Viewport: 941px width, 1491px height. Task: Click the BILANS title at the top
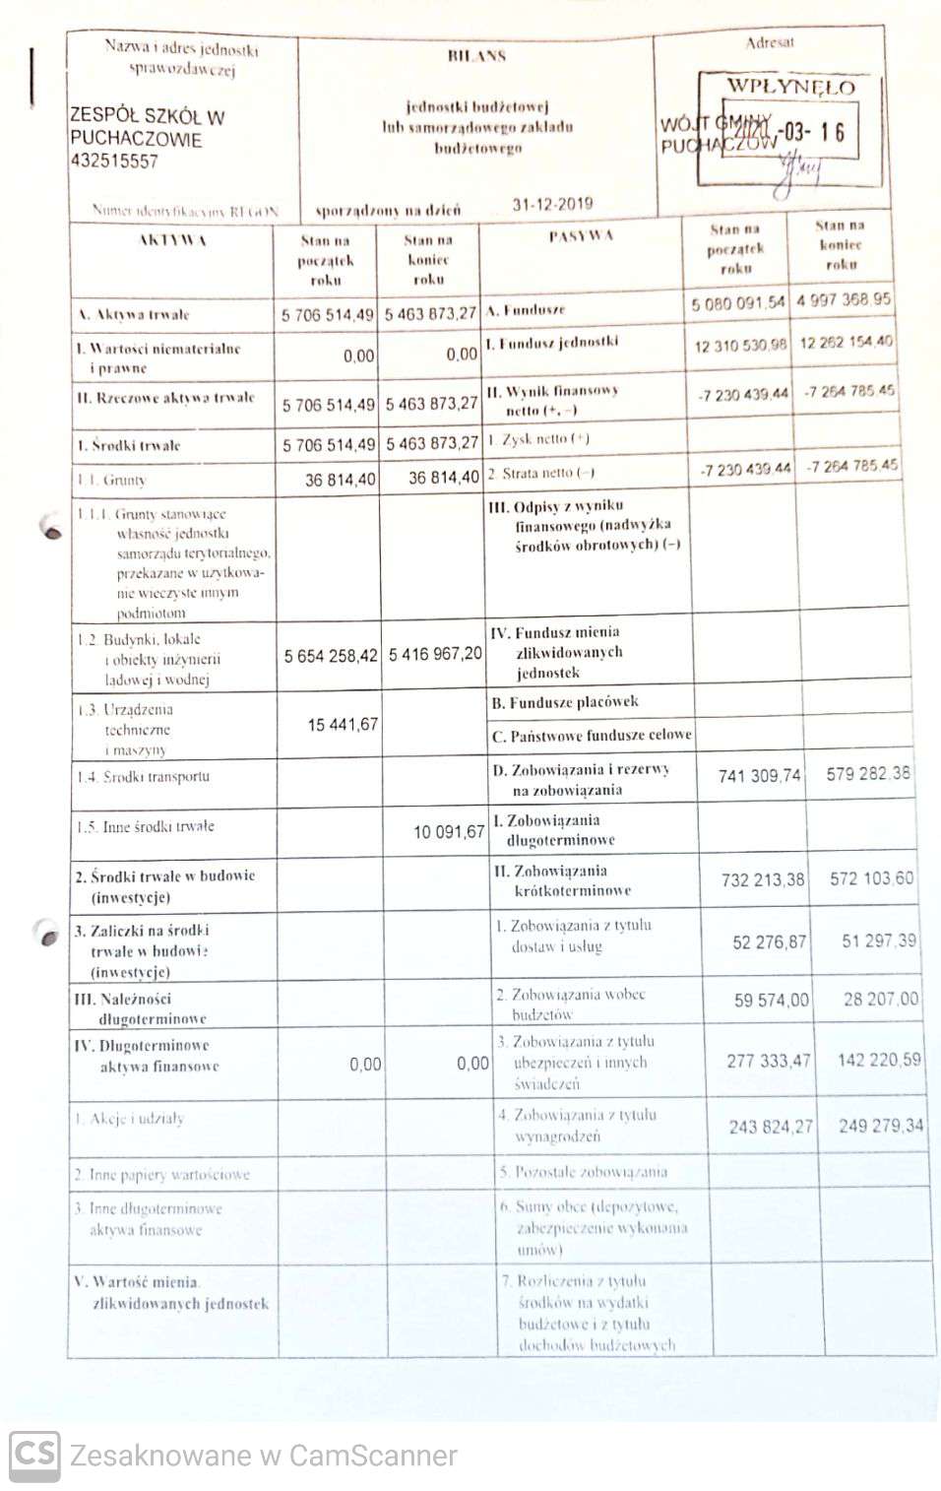[476, 56]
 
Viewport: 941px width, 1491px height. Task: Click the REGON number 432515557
[113, 161]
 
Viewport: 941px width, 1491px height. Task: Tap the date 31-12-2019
[552, 204]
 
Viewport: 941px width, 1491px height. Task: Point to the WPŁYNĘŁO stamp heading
[789, 87]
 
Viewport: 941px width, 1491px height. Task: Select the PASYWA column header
[581, 235]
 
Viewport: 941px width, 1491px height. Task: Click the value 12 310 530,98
[740, 345]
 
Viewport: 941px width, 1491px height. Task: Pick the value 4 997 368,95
[844, 298]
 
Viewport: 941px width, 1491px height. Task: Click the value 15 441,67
[343, 724]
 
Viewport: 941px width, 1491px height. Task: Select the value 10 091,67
[449, 831]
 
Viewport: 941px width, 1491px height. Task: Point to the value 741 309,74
[760, 775]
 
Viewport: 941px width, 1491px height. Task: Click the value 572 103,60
[871, 877]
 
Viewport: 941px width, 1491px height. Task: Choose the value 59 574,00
[772, 1000]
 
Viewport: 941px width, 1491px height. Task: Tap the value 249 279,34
[881, 1125]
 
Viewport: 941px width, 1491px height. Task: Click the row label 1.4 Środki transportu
[143, 776]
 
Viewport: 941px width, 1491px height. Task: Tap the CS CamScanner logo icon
[34, 1456]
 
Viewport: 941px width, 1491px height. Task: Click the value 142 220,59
[879, 1060]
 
